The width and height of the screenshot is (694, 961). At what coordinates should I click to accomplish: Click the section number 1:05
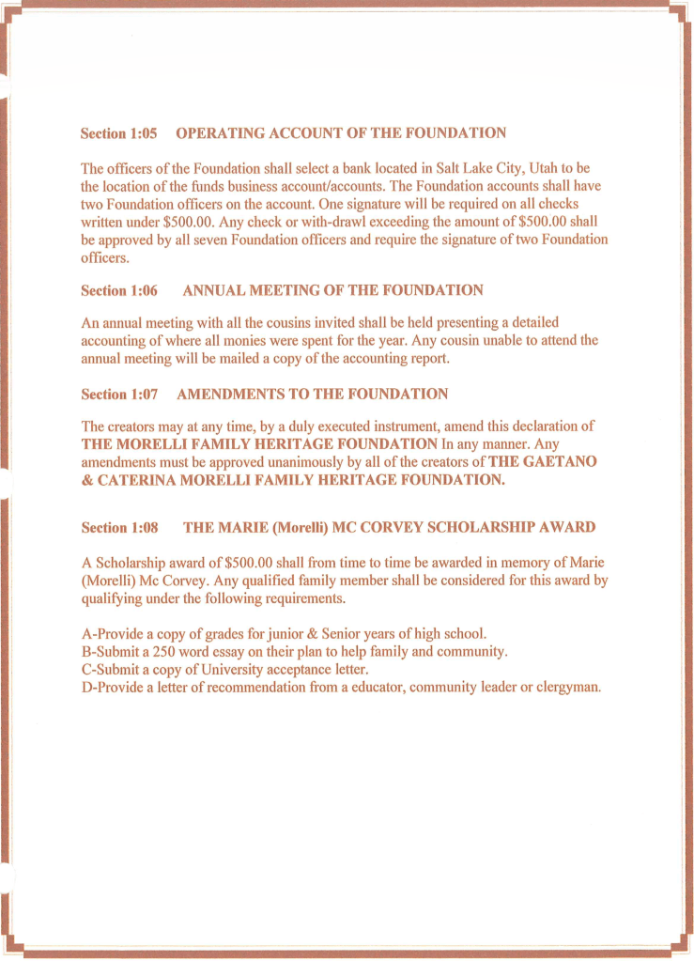click(x=141, y=133)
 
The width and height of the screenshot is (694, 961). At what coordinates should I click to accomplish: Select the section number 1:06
click(x=141, y=290)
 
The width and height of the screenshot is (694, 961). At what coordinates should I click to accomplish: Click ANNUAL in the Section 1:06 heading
click(x=215, y=290)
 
